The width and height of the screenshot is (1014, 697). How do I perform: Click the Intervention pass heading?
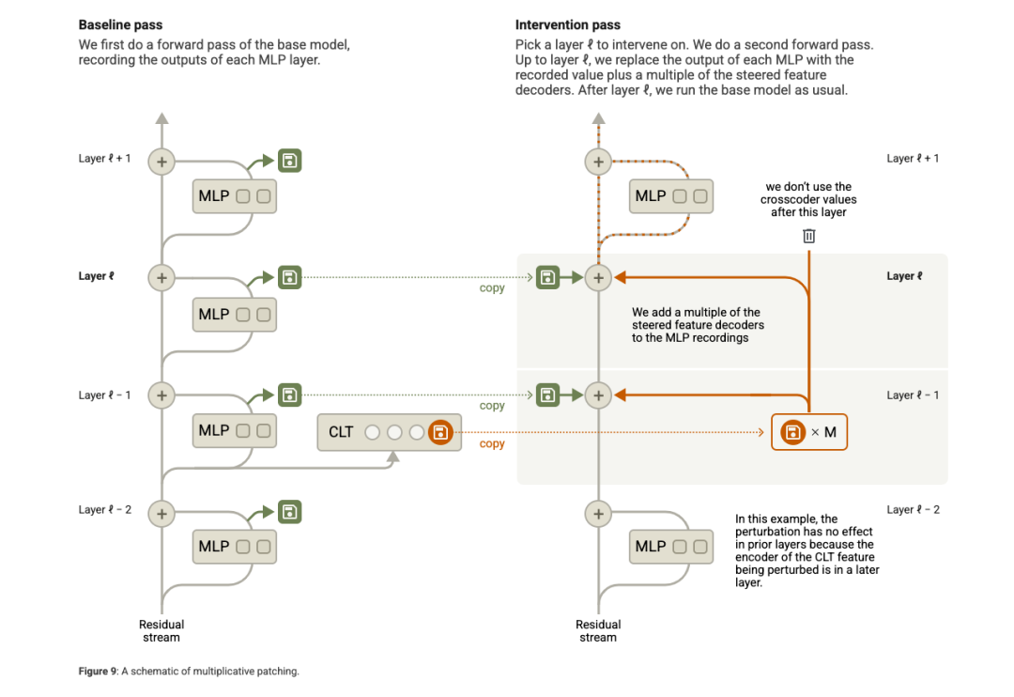pyautogui.click(x=568, y=24)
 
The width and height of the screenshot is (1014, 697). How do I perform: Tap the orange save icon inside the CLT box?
pyautogui.click(x=439, y=432)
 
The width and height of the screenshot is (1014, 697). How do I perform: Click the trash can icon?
pyautogui.click(x=809, y=236)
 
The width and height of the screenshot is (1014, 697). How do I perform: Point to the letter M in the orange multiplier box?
pyautogui.click(x=830, y=432)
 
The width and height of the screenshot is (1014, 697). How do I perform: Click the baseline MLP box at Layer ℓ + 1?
pyautogui.click(x=234, y=196)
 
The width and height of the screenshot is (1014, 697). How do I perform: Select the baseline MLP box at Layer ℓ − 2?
pyautogui.click(x=234, y=546)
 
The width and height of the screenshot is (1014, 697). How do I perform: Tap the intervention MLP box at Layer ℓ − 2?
pyautogui.click(x=670, y=546)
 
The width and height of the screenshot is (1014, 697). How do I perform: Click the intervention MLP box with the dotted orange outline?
pyautogui.click(x=670, y=196)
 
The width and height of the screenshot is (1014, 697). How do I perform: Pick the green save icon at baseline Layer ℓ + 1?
pyautogui.click(x=290, y=161)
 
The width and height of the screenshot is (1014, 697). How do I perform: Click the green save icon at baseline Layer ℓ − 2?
pyautogui.click(x=290, y=512)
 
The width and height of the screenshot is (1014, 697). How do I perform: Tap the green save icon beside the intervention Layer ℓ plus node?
pyautogui.click(x=547, y=277)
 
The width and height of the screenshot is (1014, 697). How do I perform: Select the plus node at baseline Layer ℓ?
pyautogui.click(x=162, y=277)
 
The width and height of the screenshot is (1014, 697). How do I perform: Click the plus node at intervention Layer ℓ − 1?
pyautogui.click(x=598, y=395)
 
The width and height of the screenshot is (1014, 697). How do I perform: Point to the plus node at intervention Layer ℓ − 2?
pyautogui.click(x=598, y=514)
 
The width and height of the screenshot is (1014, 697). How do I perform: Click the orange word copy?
pyautogui.click(x=492, y=444)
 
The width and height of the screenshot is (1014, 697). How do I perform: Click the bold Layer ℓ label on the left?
pyautogui.click(x=96, y=277)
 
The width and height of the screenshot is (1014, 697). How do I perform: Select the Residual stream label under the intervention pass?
pyautogui.click(x=598, y=630)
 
